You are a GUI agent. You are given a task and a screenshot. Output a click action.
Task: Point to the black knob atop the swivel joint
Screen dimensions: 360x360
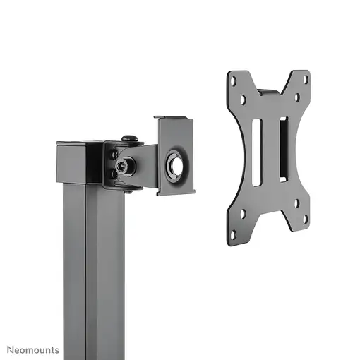[128, 139]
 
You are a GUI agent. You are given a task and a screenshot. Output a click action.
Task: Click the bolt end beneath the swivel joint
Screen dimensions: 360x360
[127, 189]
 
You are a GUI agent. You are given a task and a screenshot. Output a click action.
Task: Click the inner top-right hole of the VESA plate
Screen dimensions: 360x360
[296, 98]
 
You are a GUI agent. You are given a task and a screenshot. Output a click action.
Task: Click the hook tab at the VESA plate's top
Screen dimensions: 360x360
[268, 91]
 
